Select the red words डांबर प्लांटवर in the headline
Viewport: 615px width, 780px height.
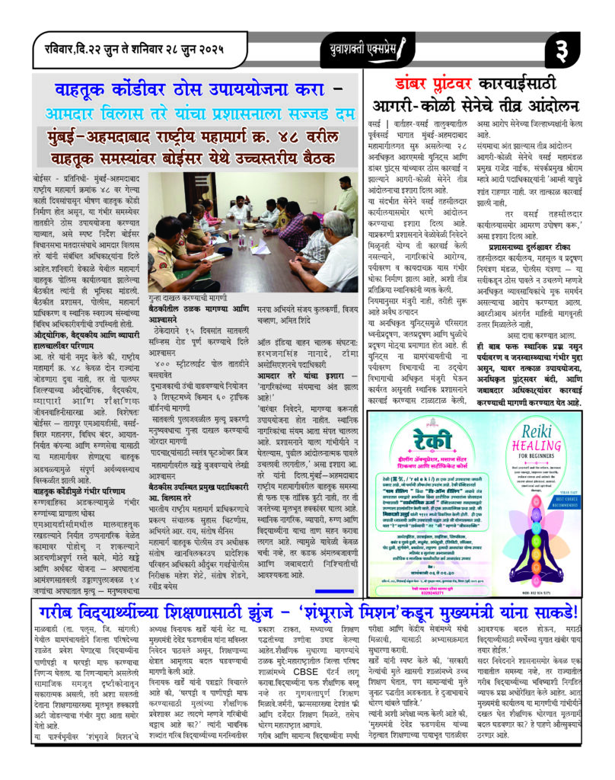pos(432,85)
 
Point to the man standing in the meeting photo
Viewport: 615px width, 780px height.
pos(346,200)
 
